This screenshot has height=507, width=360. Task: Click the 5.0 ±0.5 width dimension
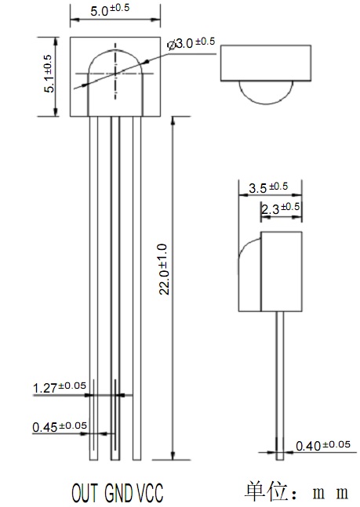coord(110,9)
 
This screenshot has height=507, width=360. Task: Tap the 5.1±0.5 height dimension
coord(49,74)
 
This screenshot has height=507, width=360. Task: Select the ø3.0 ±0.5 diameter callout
coord(191,43)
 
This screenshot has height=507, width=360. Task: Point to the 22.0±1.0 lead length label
coord(165,270)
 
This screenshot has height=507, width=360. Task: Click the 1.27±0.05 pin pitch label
coord(60,387)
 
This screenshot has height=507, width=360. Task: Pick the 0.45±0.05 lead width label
coord(60,426)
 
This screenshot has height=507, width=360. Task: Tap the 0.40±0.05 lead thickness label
coord(323,445)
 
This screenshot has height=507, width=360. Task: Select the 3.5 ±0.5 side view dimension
coord(268,187)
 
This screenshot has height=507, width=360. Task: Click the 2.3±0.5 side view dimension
coord(280,208)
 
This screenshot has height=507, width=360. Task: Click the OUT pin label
coord(85,493)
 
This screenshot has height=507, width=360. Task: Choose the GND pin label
coord(118,493)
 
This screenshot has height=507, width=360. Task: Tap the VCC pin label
coord(150,493)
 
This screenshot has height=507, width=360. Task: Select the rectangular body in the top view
coord(266,63)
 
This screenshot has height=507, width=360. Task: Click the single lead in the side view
coord(280,386)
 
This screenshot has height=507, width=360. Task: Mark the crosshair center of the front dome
coord(115,74)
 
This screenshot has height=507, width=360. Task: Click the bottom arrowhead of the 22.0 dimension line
coord(173,455)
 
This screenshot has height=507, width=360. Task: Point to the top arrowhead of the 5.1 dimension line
coord(56,42)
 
